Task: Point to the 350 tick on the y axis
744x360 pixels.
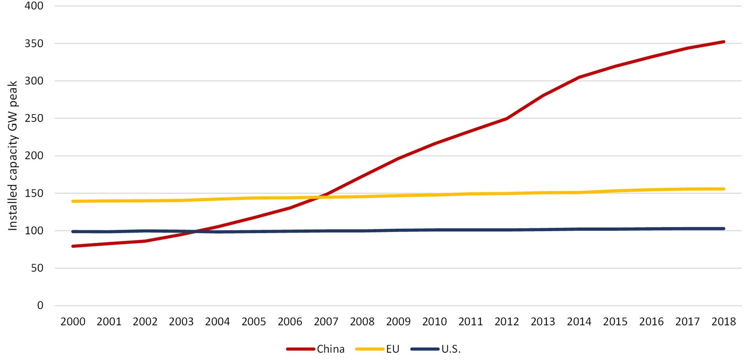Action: [34, 43]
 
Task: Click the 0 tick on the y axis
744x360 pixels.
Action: [40, 306]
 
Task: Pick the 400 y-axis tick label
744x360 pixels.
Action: [34, 6]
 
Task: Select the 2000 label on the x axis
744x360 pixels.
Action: [73, 321]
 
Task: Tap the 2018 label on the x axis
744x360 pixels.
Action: [723, 321]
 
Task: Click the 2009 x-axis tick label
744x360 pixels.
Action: [398, 321]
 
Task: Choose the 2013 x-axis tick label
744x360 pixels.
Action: [543, 321]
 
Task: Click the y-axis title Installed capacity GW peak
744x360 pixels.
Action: [13, 156]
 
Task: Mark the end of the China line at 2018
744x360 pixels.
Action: [724, 42]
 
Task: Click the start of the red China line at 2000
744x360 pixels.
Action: [73, 246]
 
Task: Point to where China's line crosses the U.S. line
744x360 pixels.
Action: [195, 231]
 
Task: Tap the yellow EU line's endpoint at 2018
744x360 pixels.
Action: [724, 189]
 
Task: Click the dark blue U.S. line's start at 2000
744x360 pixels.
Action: [73, 231]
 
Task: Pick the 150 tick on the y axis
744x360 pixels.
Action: [34, 193]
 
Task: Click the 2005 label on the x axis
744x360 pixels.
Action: [253, 321]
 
